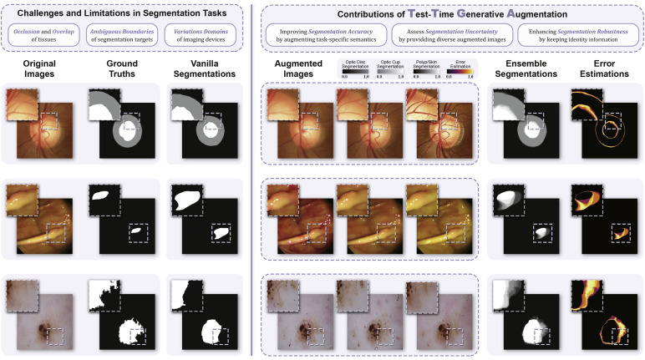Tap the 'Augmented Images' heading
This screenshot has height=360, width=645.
pos(297,69)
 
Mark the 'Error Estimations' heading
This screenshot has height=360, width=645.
pos(601,69)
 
